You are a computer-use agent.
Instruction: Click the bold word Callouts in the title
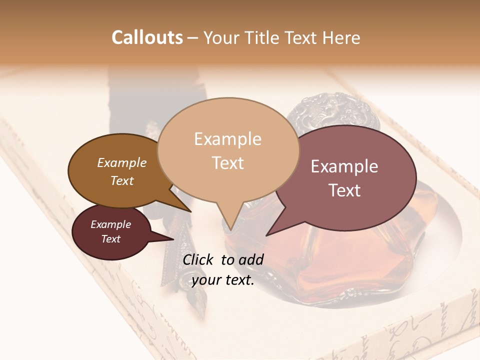[147, 37]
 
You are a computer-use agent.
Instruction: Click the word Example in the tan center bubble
[227, 139]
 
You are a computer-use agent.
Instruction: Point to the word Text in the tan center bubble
[227, 163]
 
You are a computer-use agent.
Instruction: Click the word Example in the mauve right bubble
[344, 166]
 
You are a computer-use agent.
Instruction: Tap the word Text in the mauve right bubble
[344, 190]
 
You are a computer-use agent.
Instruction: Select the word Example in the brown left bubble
[121, 162]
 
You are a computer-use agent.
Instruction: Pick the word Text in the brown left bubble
[121, 180]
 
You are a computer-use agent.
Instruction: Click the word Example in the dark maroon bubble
[110, 224]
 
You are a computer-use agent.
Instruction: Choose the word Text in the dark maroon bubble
[110, 239]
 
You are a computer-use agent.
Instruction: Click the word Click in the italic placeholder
[198, 259]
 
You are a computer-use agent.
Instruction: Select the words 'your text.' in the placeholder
[223, 280]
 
